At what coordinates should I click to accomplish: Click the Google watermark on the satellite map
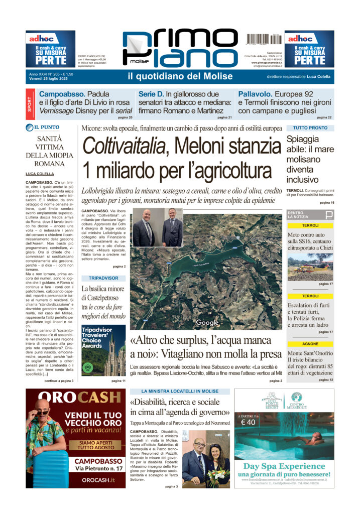click(x=207, y=322)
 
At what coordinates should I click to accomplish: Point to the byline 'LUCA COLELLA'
click(x=40, y=174)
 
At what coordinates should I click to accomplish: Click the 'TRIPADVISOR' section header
click(x=103, y=278)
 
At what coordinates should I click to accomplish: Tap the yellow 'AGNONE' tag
click(x=310, y=344)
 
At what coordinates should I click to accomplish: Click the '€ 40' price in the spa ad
click(x=249, y=422)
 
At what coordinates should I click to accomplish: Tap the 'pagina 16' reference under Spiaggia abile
click(x=326, y=202)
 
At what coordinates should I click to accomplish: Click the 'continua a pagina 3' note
click(x=59, y=381)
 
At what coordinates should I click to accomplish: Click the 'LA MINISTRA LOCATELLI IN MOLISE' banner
click(x=180, y=391)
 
